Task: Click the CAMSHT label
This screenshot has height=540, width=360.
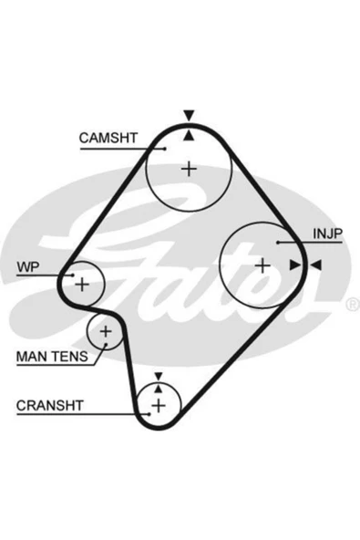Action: coord(108,138)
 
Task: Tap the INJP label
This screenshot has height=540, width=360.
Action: coord(328,234)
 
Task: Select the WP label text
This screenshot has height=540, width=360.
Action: coord(28,266)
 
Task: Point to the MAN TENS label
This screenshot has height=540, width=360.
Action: coord(52,357)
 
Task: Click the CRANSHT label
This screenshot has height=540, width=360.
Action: coord(50,405)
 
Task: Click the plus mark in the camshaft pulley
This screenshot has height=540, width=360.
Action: coord(189,169)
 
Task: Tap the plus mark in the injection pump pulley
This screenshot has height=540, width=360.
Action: coord(263,265)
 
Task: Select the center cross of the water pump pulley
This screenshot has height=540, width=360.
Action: coord(82,284)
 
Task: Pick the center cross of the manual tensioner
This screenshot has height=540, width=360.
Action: coord(106,331)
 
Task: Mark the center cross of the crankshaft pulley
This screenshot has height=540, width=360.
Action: coord(159,405)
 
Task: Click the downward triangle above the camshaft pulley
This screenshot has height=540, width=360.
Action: coord(189,115)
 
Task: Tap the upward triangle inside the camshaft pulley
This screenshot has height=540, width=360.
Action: coord(189,135)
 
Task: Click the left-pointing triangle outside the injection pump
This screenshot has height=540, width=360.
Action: coord(316,265)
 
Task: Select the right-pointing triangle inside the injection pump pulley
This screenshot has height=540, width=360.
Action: coord(295,265)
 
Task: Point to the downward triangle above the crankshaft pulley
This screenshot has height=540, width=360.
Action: coord(159,377)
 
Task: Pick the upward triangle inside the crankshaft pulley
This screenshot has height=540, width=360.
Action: coord(158,389)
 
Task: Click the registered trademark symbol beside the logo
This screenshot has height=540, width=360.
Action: coord(353,305)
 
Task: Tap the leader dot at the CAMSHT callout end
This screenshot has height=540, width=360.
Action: coord(165,149)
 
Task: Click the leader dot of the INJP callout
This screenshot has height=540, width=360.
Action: coord(278,243)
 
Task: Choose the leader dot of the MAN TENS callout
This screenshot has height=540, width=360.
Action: coord(106,344)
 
